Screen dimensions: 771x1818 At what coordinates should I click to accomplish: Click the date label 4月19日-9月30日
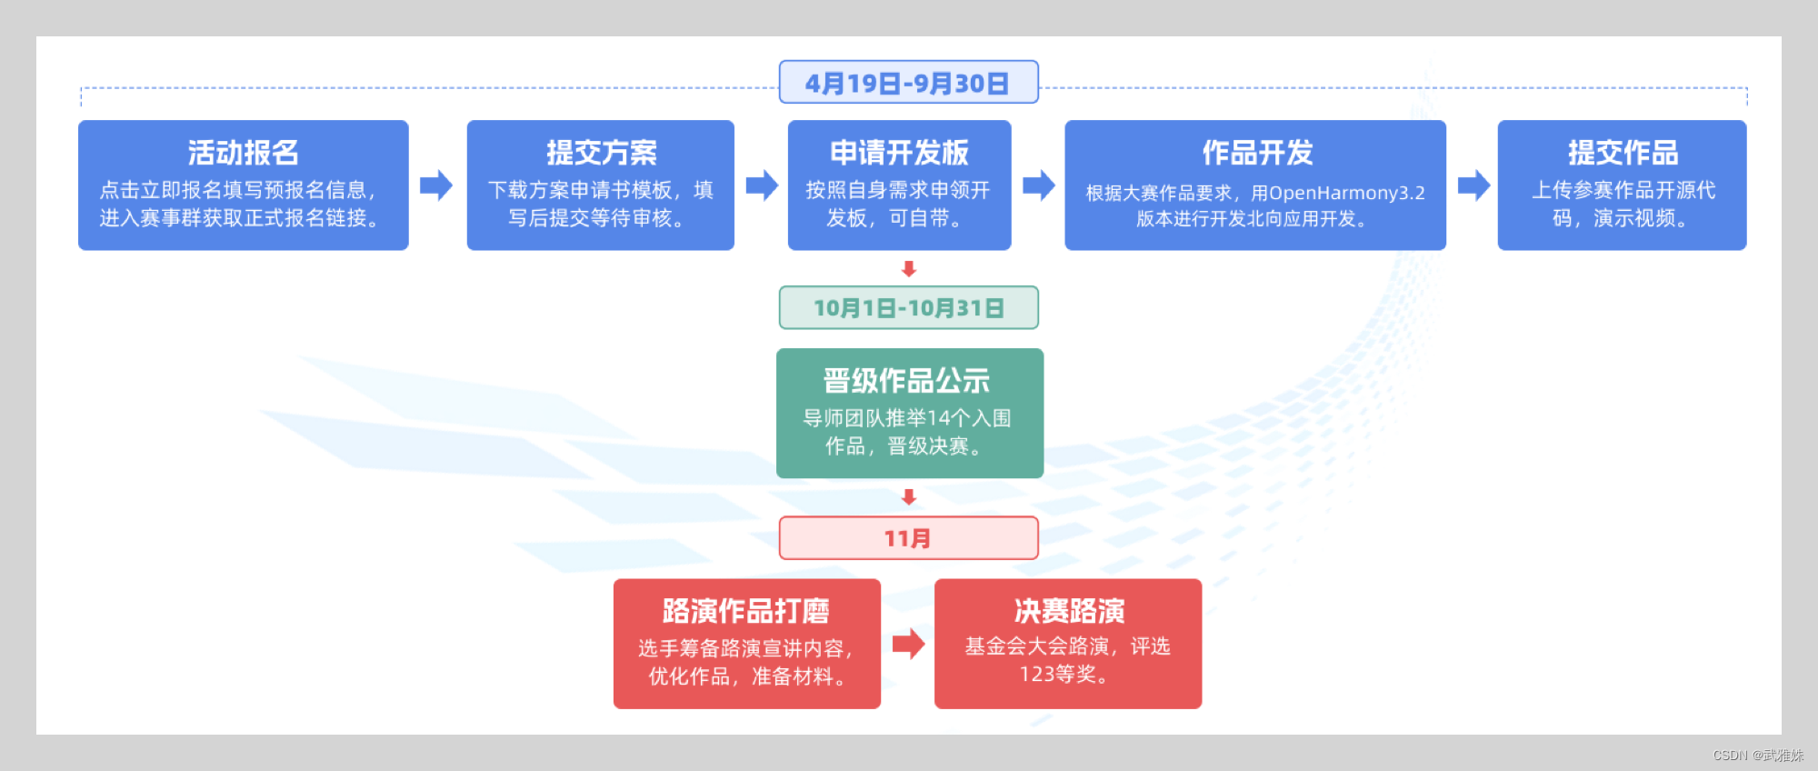click(x=908, y=83)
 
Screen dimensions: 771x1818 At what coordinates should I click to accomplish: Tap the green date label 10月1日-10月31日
click(x=908, y=308)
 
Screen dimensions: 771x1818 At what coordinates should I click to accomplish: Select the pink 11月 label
click(x=908, y=538)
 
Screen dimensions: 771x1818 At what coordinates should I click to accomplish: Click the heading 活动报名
click(x=244, y=153)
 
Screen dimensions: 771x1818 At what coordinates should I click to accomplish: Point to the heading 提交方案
click(x=601, y=153)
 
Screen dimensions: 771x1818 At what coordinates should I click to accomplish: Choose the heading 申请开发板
click(x=899, y=153)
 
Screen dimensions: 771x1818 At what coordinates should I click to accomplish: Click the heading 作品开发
click(x=1257, y=153)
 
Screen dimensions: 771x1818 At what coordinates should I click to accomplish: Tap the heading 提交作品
click(x=1623, y=153)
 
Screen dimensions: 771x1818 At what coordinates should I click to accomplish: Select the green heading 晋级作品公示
click(x=906, y=381)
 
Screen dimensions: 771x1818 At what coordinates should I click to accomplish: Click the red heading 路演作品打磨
click(x=746, y=611)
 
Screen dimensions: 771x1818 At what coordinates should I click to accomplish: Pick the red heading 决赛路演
click(x=1069, y=611)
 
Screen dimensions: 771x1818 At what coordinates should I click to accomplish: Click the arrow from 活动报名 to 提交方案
click(x=436, y=185)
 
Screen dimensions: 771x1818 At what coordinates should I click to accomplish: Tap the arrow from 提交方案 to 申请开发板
click(x=762, y=185)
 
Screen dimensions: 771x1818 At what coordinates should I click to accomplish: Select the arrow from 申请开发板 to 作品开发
click(x=1038, y=185)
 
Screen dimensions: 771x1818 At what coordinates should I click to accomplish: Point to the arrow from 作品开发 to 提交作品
click(x=1473, y=185)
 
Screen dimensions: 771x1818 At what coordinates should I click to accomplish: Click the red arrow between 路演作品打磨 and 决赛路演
click(x=908, y=644)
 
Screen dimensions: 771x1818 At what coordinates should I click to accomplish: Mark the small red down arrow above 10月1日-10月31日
click(x=909, y=269)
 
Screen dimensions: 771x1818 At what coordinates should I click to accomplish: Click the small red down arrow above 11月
click(x=909, y=497)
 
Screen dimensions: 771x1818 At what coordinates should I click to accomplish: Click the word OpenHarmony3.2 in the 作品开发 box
click(x=1347, y=193)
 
